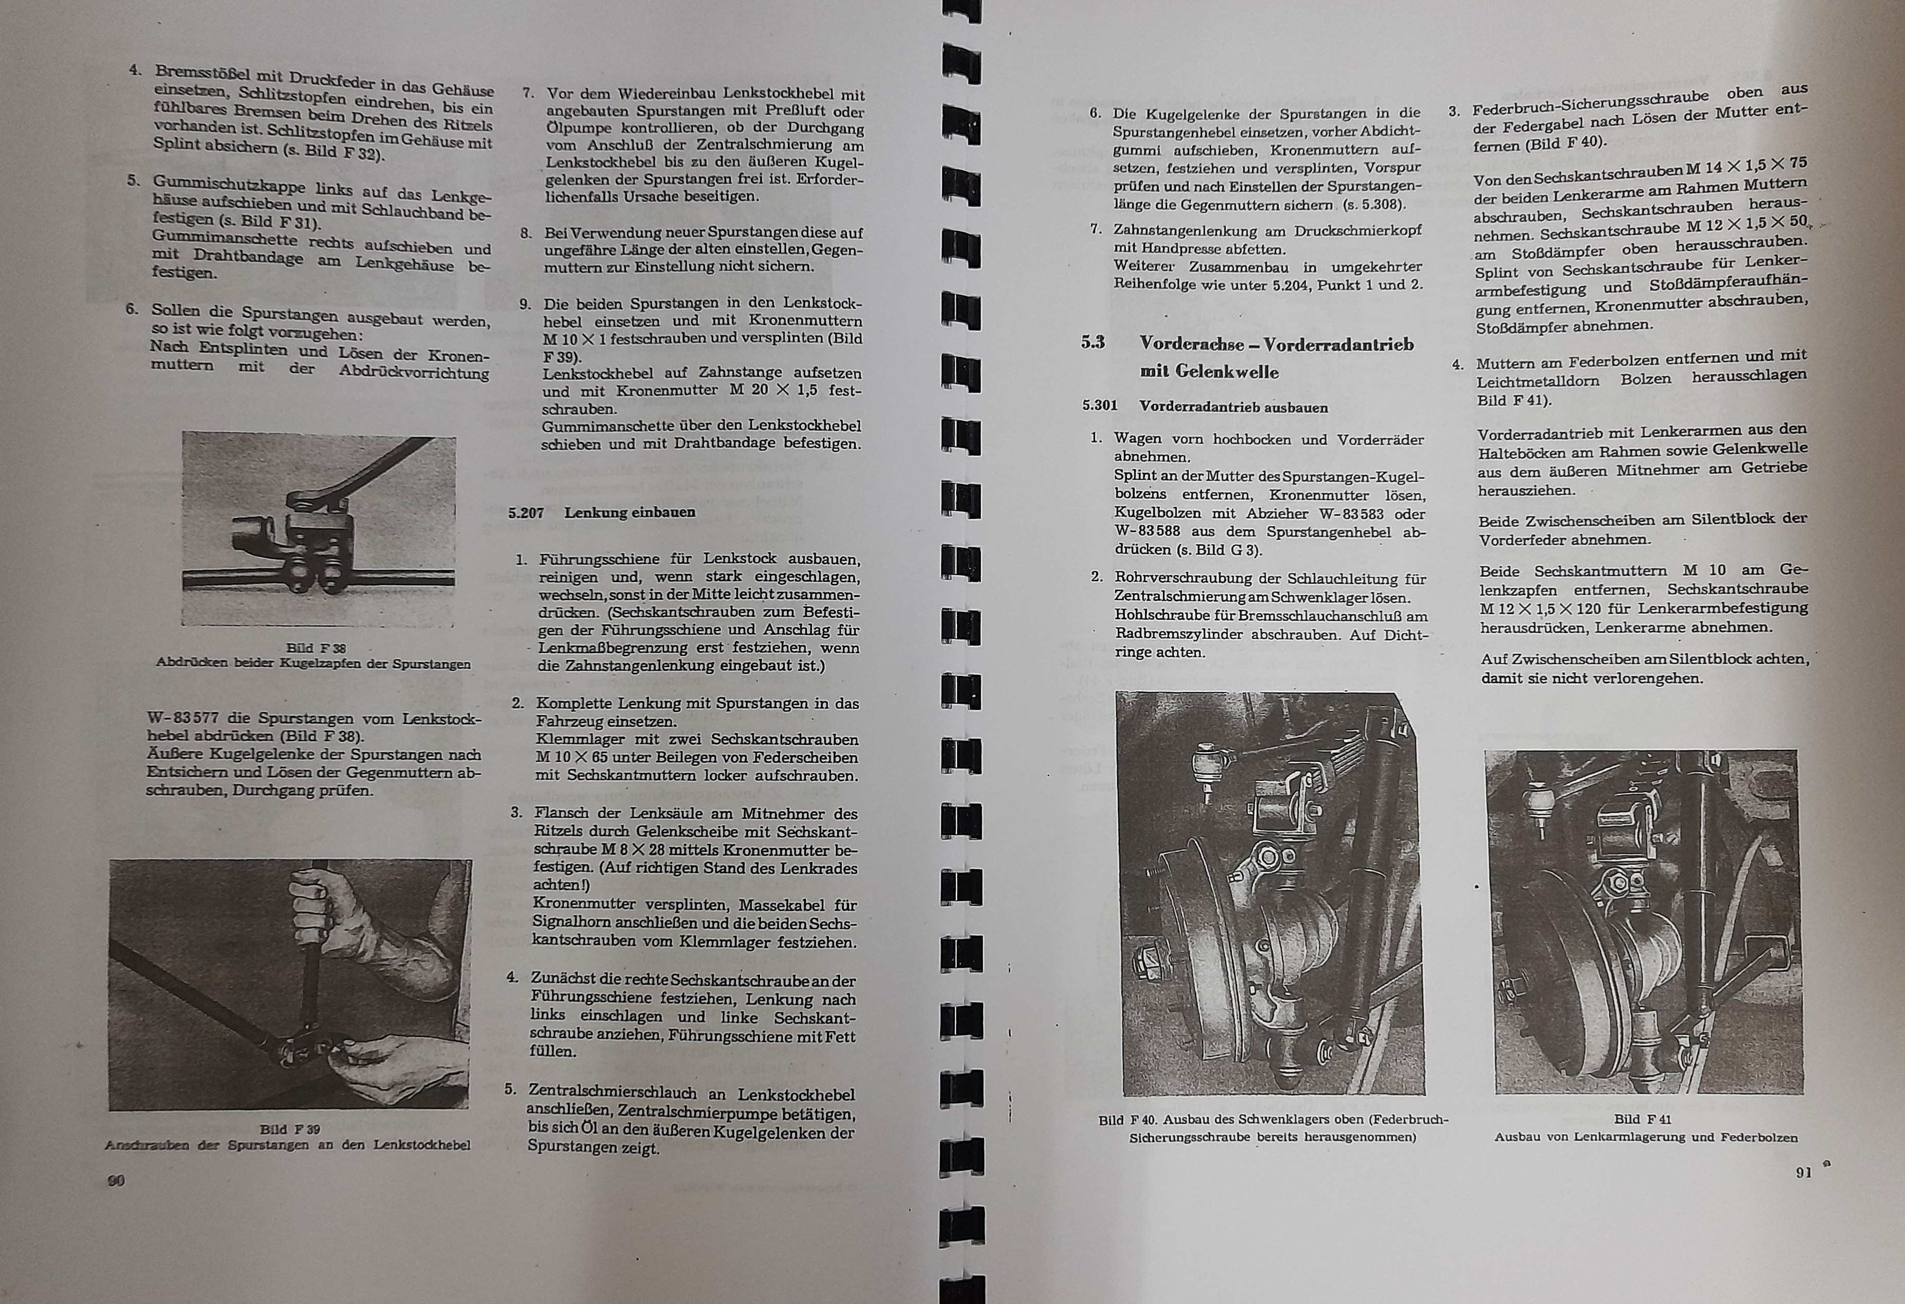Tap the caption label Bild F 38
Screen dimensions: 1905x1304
click(x=311, y=648)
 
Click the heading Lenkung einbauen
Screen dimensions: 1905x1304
click(x=629, y=513)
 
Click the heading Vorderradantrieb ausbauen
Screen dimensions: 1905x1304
click(x=1233, y=407)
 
